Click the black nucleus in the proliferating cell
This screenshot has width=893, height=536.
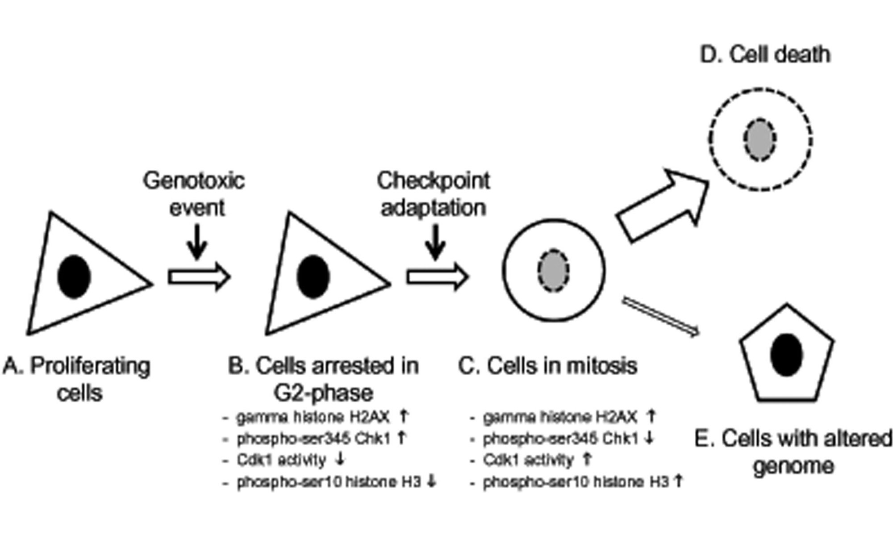(x=74, y=276)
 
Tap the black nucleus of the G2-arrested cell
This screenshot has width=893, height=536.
(x=313, y=276)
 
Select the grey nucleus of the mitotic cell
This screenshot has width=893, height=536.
(x=553, y=270)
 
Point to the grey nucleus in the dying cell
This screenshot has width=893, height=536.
(x=759, y=139)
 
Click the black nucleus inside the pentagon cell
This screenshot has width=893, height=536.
(x=786, y=355)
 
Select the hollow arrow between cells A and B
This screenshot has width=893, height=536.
(x=199, y=277)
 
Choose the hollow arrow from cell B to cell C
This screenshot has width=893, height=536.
(x=438, y=277)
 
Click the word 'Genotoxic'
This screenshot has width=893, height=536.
(x=194, y=181)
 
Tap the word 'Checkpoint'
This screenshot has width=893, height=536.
(x=434, y=181)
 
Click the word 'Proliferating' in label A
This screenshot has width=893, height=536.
(x=90, y=367)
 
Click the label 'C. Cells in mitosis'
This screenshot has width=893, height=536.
(x=548, y=366)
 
